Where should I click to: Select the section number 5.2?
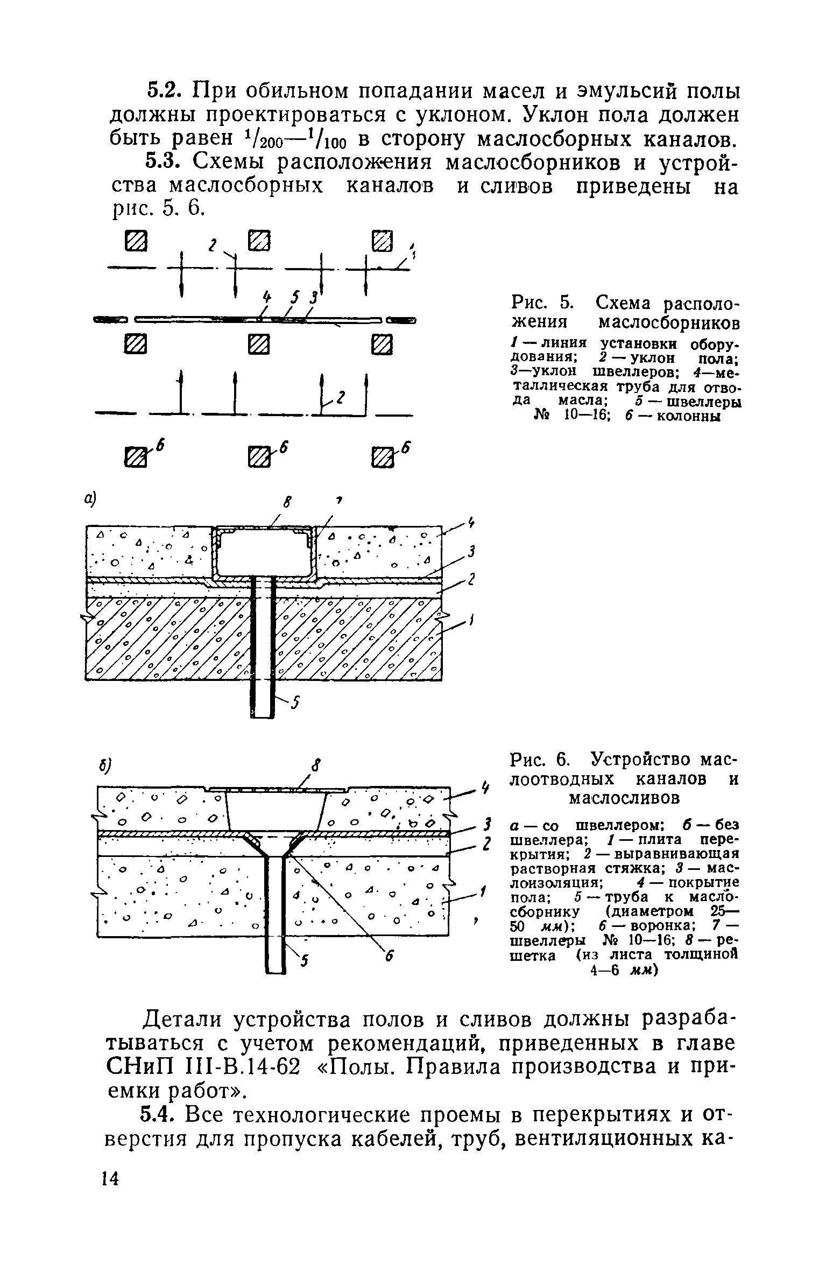coord(164,90)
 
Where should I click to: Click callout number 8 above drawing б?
coord(317,765)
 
